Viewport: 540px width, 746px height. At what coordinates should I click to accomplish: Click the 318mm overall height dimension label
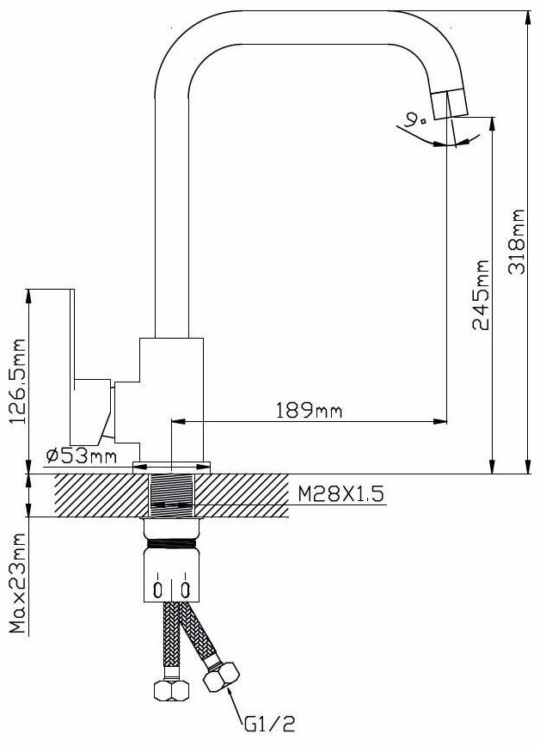click(517, 242)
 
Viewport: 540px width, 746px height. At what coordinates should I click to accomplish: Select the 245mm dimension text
click(480, 295)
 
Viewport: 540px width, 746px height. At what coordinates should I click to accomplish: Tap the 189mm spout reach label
click(309, 410)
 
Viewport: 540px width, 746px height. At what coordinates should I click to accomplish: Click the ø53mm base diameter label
click(82, 456)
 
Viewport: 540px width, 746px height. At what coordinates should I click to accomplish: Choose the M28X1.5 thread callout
click(341, 494)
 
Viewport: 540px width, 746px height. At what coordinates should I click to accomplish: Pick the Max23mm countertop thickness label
click(17, 583)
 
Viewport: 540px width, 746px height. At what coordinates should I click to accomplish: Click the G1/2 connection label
click(270, 725)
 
